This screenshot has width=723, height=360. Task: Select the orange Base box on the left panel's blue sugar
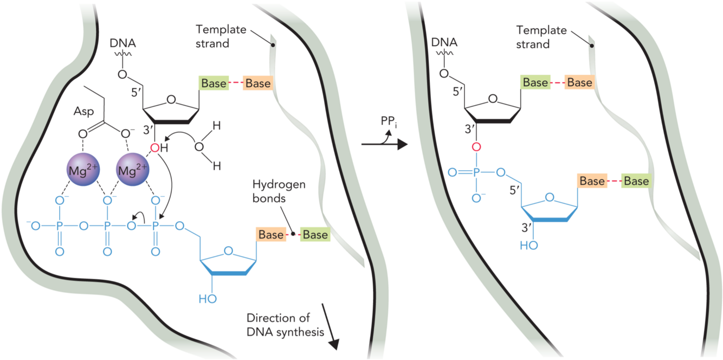(271, 235)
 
